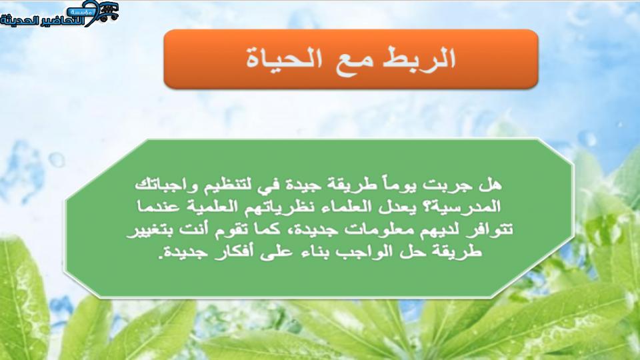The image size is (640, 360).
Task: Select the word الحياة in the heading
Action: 284,59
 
